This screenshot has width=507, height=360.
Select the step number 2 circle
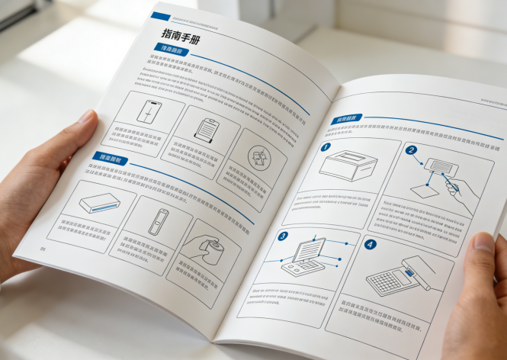click(411, 151)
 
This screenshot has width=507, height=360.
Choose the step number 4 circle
click(369, 246)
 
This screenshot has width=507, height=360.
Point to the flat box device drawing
click(98, 202)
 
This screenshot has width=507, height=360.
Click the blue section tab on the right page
click(345, 119)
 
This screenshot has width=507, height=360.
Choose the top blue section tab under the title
click(170, 51)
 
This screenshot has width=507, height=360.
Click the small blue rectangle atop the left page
click(160, 15)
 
